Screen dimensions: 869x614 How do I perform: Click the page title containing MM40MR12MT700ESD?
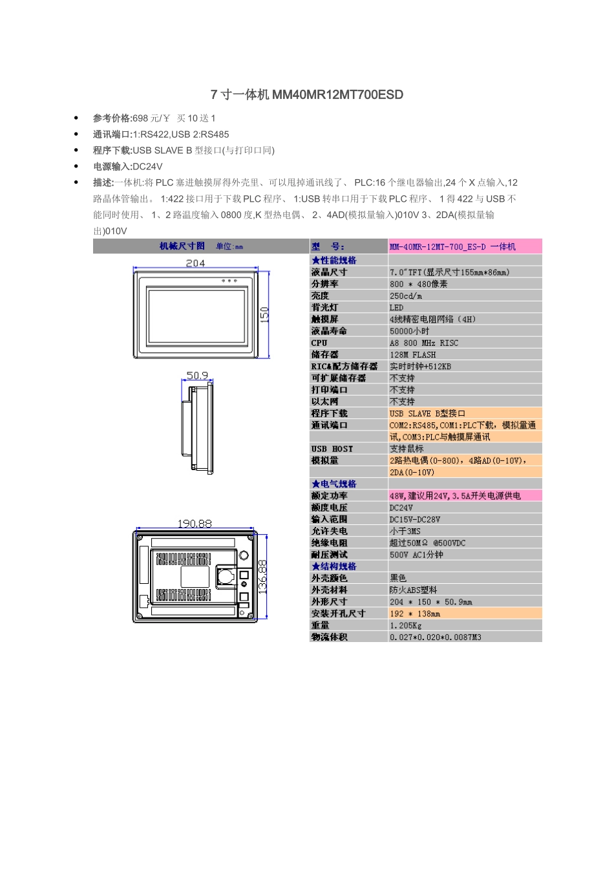[x=307, y=95]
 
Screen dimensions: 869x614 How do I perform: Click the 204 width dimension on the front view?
[x=195, y=263]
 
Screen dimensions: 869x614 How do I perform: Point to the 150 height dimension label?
[x=264, y=314]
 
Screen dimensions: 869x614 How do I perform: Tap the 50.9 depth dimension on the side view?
[x=197, y=375]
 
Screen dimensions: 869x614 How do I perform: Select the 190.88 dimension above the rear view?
[x=195, y=523]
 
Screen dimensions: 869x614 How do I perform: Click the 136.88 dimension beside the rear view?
[x=262, y=575]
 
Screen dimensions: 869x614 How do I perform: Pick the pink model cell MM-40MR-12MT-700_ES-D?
[x=452, y=246]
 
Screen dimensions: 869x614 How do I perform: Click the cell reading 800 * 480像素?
[x=418, y=284]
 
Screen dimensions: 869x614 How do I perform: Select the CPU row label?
[x=319, y=343]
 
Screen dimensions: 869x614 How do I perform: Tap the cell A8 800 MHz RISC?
[x=423, y=343]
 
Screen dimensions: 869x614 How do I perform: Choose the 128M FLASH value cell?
[x=412, y=354]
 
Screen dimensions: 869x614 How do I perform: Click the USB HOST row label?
[x=332, y=449]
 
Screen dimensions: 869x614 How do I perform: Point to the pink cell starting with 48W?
[x=455, y=496]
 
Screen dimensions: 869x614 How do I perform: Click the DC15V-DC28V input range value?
[x=414, y=519]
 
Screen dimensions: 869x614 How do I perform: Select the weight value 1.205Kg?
[x=405, y=625]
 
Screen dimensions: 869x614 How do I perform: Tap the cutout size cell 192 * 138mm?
[x=414, y=614]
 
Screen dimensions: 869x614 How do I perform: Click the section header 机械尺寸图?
[x=182, y=246]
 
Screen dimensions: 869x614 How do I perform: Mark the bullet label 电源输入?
[x=112, y=166]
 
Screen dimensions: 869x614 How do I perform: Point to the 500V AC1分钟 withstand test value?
[x=416, y=555]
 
